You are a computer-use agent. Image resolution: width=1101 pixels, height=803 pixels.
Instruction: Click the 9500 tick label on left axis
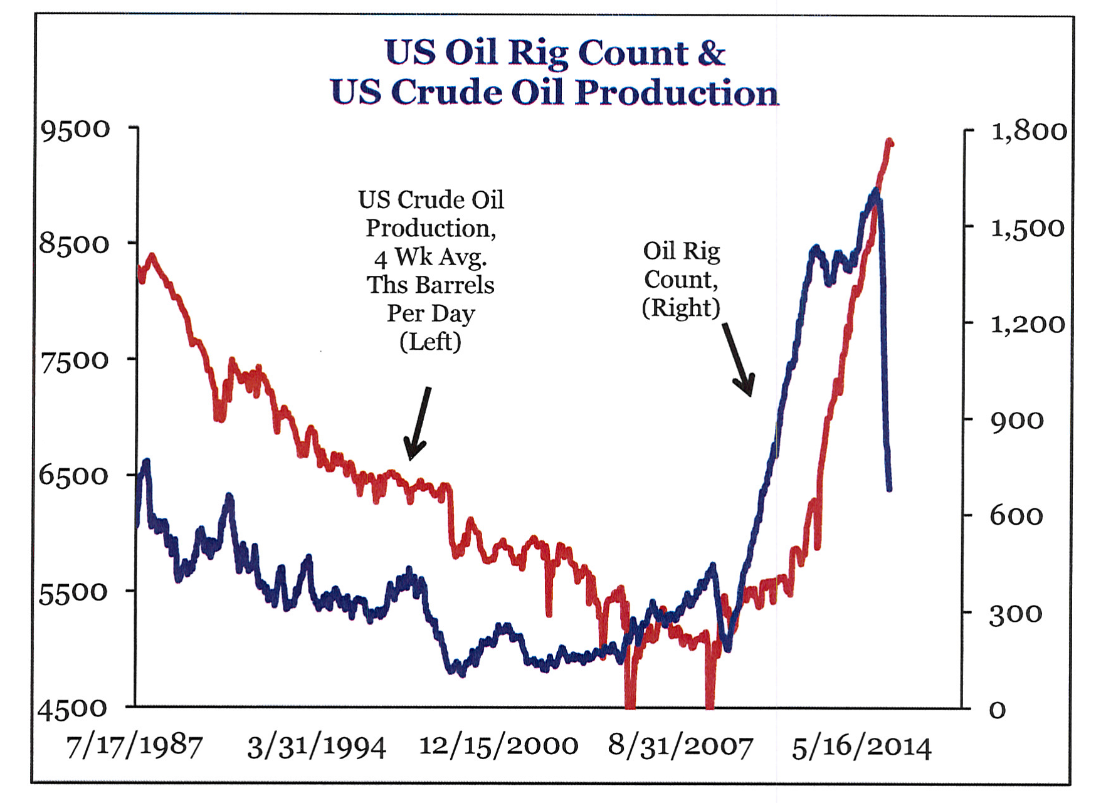(x=75, y=129)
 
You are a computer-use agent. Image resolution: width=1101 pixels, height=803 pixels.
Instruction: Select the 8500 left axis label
(x=75, y=244)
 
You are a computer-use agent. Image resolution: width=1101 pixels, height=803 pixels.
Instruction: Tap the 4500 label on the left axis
(x=73, y=708)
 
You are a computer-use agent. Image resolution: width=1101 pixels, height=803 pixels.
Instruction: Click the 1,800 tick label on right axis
(x=1028, y=131)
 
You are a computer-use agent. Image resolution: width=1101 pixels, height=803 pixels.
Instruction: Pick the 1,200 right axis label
(x=1027, y=324)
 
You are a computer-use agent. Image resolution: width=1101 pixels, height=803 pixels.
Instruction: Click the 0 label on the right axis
(x=998, y=710)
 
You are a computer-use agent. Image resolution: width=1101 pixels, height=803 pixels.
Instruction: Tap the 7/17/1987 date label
(x=134, y=747)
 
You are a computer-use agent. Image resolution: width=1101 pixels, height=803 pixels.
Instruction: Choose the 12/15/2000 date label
(x=498, y=746)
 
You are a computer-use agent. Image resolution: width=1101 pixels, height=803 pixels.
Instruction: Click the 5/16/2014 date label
(x=861, y=747)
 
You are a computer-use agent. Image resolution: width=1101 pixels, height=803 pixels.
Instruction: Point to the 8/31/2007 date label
(x=680, y=747)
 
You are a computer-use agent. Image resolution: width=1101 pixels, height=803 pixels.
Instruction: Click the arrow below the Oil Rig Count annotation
(x=739, y=360)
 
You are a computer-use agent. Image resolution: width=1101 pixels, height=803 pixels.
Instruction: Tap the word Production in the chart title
(x=677, y=93)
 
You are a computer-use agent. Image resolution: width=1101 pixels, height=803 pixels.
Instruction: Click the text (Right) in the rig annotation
(x=681, y=308)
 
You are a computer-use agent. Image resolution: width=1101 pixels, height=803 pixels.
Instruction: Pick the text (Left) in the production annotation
(x=430, y=342)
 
